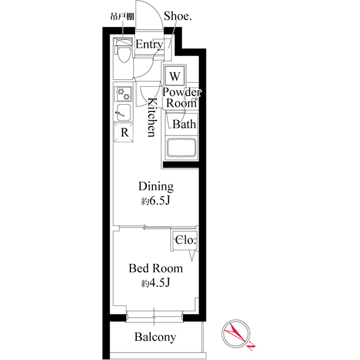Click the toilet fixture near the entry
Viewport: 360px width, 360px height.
pyautogui.click(x=123, y=51)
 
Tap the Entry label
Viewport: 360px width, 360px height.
pyautogui.click(x=149, y=44)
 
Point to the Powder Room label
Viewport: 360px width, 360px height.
pyautogui.click(x=181, y=97)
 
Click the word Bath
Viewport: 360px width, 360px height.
pyautogui.click(x=184, y=124)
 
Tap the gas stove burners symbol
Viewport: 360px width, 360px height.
pyautogui.click(x=123, y=93)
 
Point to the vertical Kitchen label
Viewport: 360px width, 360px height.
pyautogui.click(x=151, y=117)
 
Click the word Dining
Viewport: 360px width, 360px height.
pyautogui.click(x=156, y=187)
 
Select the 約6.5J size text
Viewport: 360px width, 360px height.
pyautogui.click(x=156, y=201)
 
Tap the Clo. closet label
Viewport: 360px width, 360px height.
pyautogui.click(x=186, y=240)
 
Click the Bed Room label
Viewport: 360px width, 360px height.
pyautogui.click(x=156, y=268)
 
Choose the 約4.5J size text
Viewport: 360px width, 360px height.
pyautogui.click(x=156, y=283)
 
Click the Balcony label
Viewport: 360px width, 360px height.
pyautogui.click(x=155, y=337)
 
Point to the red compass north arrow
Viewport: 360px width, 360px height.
pyautogui.click(x=238, y=334)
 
